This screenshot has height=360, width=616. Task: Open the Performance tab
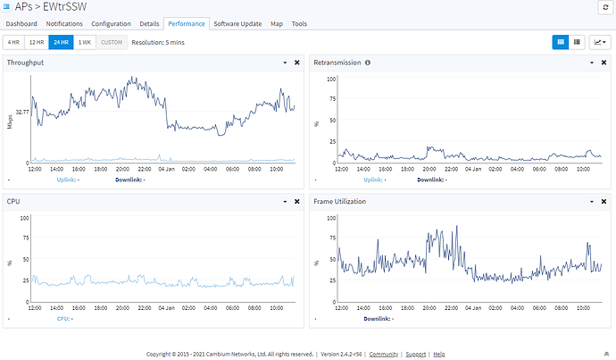click(x=187, y=23)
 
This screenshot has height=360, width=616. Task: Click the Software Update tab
click(x=237, y=23)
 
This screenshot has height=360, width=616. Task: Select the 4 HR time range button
click(x=13, y=43)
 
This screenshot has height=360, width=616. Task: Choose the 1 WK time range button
click(x=85, y=43)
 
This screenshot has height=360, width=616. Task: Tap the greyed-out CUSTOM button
click(x=112, y=43)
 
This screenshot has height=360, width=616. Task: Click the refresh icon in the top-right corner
click(x=605, y=7)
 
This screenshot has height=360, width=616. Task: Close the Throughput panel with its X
click(x=297, y=63)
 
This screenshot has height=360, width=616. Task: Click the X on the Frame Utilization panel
click(x=604, y=202)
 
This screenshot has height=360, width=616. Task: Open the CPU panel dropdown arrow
click(x=285, y=202)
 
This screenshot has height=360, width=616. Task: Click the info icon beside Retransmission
click(x=368, y=63)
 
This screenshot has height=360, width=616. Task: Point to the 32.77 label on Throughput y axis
click(x=22, y=112)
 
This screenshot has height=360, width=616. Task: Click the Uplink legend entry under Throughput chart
click(x=68, y=180)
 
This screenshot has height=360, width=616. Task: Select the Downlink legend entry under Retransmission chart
click(x=432, y=180)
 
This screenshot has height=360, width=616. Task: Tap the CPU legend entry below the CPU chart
click(x=65, y=319)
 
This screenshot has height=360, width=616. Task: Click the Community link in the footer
click(x=383, y=354)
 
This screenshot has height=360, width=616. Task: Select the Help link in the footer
click(x=439, y=354)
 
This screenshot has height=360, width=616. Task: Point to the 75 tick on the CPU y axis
click(x=26, y=238)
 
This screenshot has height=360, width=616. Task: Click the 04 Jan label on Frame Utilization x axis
click(x=473, y=308)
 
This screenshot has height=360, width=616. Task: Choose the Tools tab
click(x=299, y=23)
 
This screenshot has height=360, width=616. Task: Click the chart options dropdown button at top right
click(x=600, y=43)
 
